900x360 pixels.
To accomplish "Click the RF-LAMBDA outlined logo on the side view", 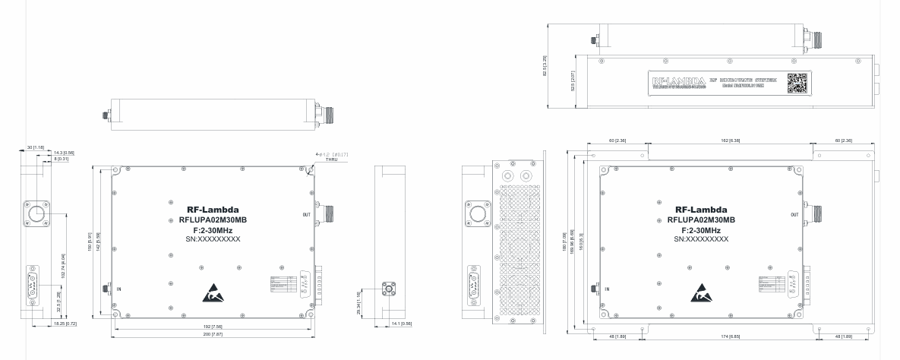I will coord(677,80).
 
